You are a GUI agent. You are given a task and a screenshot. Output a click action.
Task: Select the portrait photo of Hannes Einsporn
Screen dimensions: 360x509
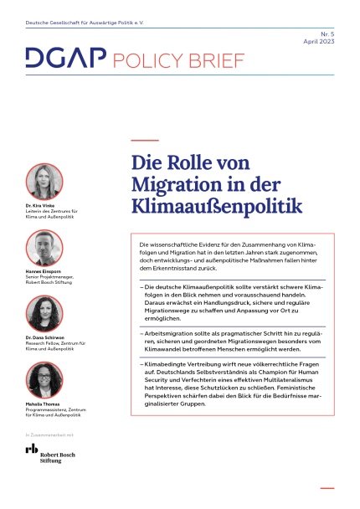[44, 248]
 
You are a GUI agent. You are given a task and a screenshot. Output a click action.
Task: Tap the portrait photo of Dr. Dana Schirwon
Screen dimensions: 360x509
[44, 314]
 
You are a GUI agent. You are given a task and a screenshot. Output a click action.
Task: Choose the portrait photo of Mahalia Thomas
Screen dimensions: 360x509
[44, 380]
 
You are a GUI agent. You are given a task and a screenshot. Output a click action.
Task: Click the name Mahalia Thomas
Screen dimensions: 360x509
[45, 405]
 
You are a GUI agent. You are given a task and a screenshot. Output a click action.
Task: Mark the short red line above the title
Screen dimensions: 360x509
[146, 140]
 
